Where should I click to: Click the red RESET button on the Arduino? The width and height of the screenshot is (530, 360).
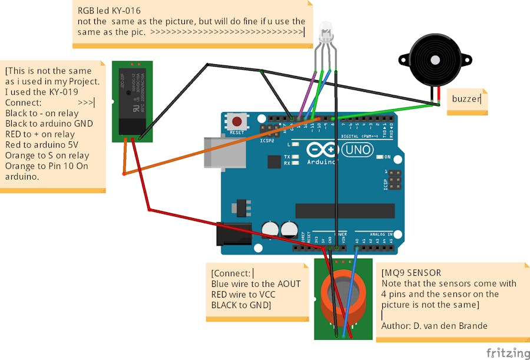click(237, 122)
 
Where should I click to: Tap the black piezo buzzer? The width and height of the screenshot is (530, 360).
click(435, 59)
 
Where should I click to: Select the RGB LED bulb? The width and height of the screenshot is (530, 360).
click(325, 33)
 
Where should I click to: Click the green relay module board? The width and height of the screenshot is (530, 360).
click(132, 101)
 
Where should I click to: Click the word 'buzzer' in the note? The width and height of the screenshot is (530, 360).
click(466, 98)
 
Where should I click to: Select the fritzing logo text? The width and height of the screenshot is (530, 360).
click(508, 352)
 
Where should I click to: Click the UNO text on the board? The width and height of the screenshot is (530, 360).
click(357, 150)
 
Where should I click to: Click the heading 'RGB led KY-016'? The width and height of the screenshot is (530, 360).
click(110, 11)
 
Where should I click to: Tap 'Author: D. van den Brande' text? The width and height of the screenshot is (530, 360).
click(434, 326)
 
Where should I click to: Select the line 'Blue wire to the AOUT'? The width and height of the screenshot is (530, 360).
click(256, 284)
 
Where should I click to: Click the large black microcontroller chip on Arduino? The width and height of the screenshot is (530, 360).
click(344, 211)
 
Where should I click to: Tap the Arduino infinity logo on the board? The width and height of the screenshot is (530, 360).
click(322, 150)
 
